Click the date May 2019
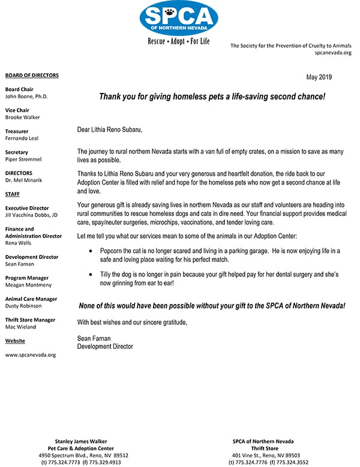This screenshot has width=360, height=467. point(319,77)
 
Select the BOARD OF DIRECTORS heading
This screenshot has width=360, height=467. point(32,75)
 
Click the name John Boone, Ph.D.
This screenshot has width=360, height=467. point(26,96)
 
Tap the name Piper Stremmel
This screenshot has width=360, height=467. point(24,159)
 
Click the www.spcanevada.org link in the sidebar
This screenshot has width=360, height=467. point(30,355)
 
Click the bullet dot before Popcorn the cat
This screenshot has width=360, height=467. point(90,249)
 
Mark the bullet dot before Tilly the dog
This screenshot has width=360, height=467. point(90,274)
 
